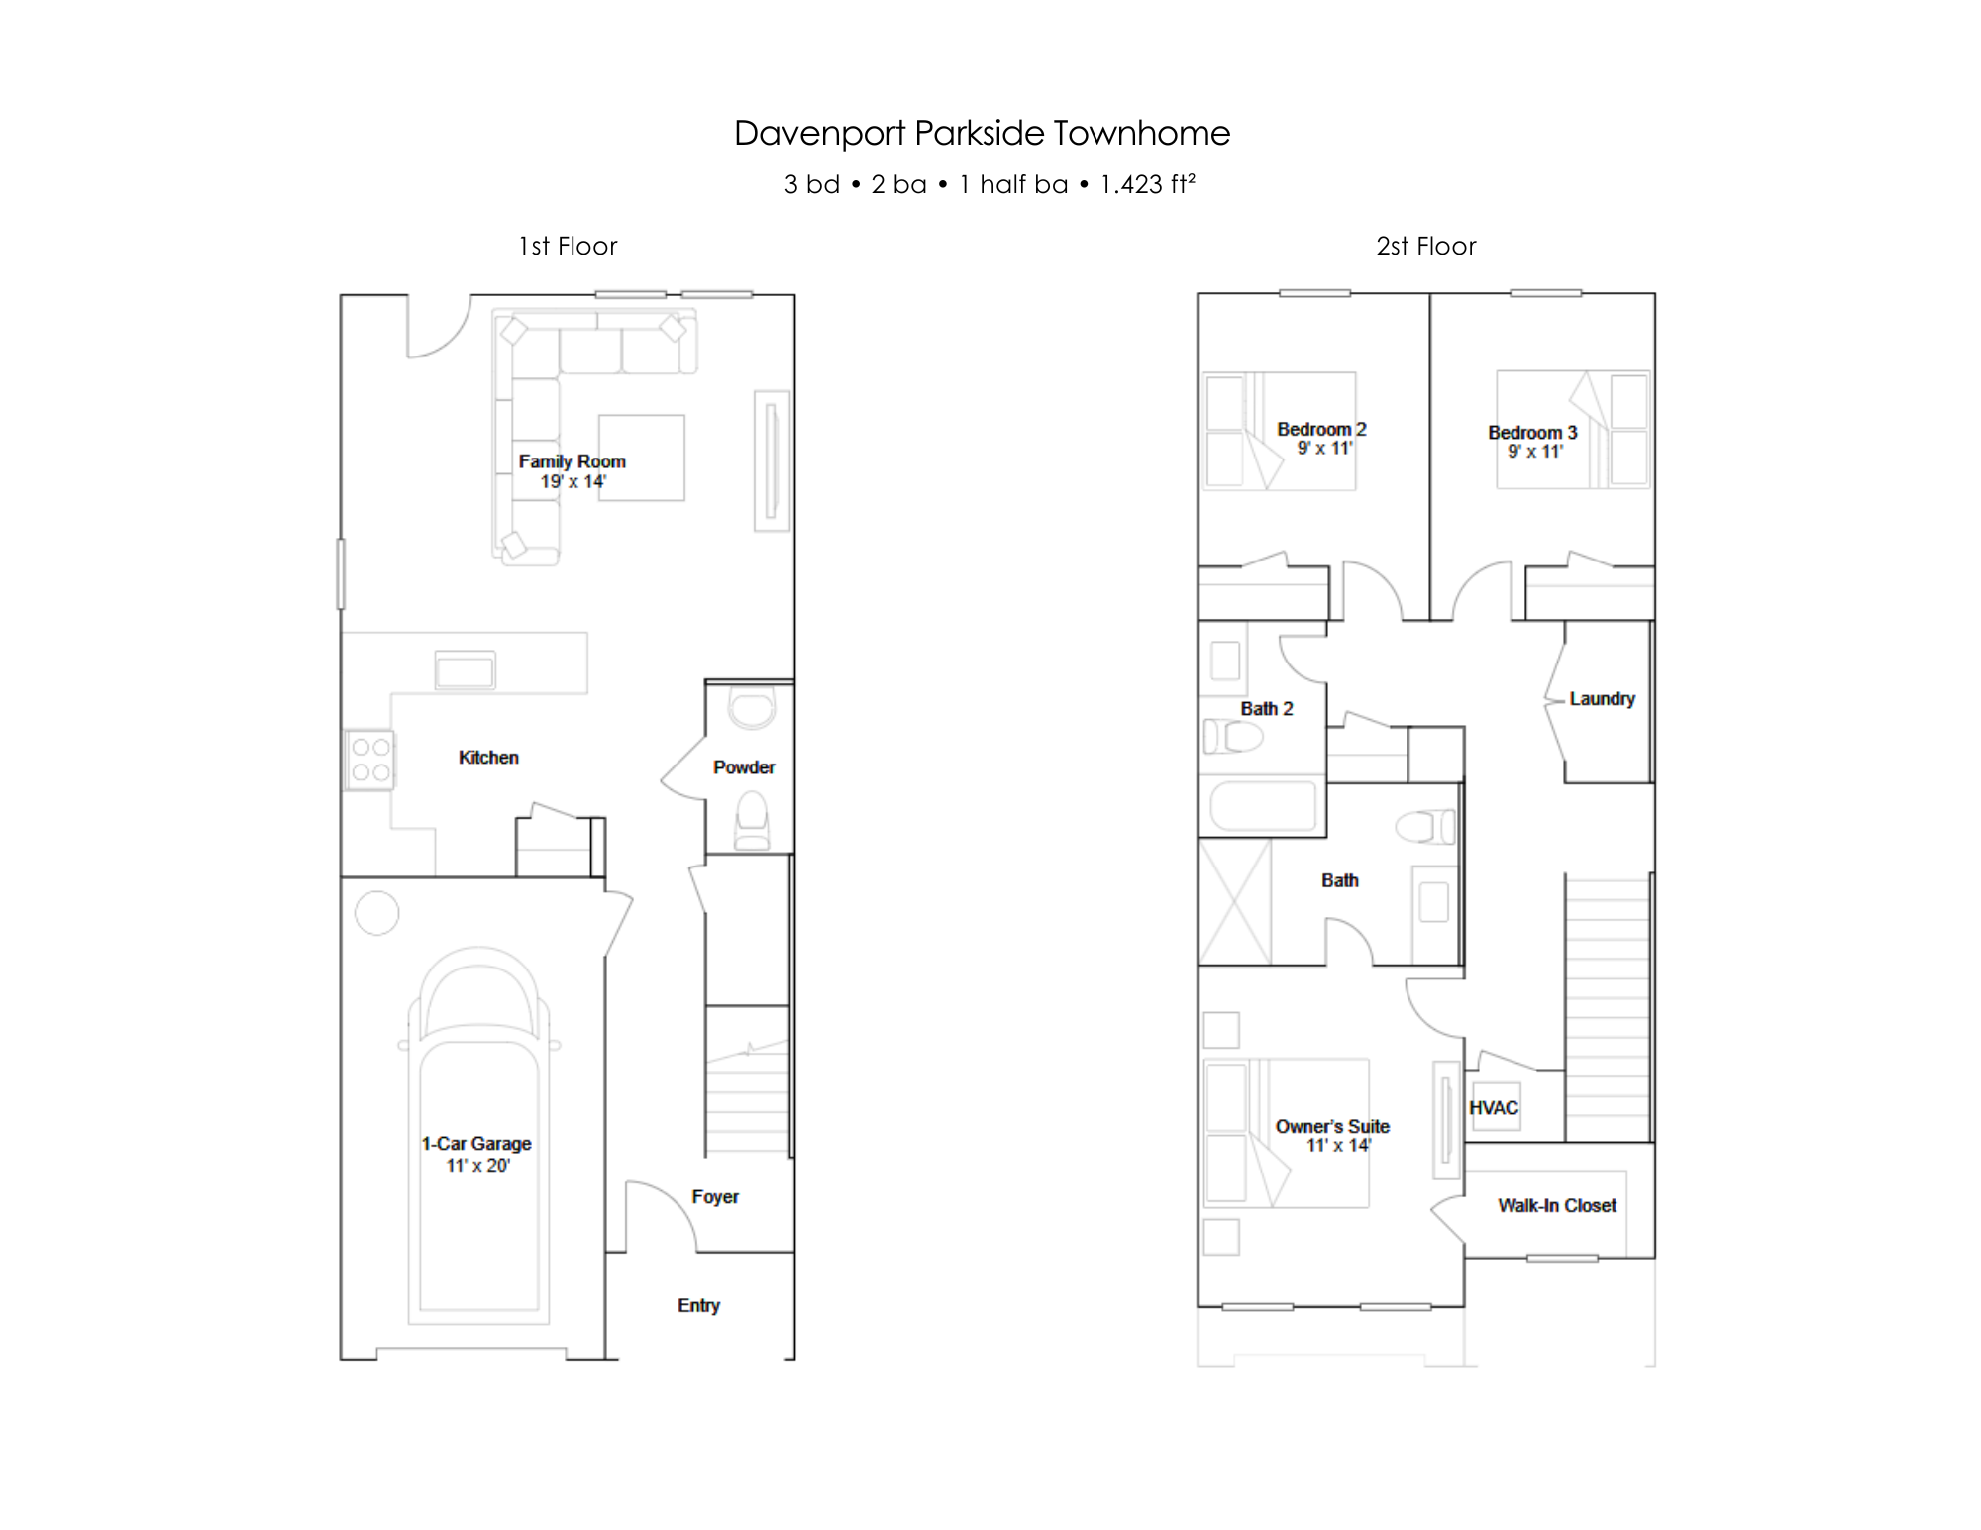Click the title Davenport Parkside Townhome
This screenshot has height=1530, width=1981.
tap(982, 133)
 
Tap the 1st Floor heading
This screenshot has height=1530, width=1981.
tap(568, 246)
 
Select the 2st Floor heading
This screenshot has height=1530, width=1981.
tap(1425, 246)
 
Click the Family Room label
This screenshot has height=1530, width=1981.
tap(572, 461)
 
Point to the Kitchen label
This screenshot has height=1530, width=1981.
tap(488, 758)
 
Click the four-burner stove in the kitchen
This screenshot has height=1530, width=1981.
tap(369, 760)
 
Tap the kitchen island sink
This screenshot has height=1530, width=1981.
tap(465, 670)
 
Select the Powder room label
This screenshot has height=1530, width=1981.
tap(744, 767)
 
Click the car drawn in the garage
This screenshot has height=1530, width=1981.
tap(478, 1135)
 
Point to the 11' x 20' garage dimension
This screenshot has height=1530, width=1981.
tap(477, 1166)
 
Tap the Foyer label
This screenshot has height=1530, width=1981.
tap(715, 1197)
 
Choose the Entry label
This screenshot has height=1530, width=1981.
tap(698, 1306)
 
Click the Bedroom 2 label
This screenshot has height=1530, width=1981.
tap(1321, 429)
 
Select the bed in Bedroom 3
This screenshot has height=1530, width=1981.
tap(1573, 430)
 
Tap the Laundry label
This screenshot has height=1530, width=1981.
tap(1602, 699)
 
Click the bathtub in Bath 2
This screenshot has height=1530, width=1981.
tap(1263, 806)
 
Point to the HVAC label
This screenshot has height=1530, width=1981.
tap(1494, 1108)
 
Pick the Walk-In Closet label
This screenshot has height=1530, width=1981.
tap(1557, 1205)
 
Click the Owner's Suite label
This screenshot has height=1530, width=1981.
tap(1332, 1126)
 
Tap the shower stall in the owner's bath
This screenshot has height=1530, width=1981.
tap(1234, 902)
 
